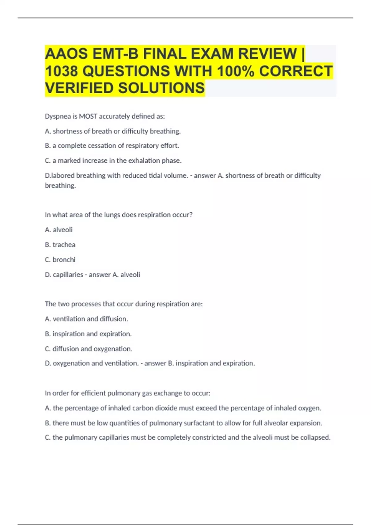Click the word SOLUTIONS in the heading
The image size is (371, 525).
tap(161, 88)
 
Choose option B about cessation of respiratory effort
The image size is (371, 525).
tap(112, 145)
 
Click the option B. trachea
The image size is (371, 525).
tap(60, 245)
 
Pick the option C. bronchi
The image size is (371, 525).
tap(60, 260)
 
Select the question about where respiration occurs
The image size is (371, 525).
tap(118, 215)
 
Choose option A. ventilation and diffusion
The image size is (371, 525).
tap(86, 319)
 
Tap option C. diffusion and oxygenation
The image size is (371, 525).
tap(88, 349)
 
